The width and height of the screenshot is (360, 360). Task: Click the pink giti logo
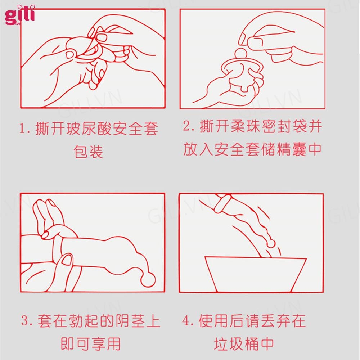coord(20,15)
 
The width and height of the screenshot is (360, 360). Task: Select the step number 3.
coord(26,320)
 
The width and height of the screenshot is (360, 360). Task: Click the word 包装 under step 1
coord(88,152)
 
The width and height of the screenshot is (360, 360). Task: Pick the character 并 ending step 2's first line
coord(315,126)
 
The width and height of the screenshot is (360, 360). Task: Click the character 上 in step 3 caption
coord(153,320)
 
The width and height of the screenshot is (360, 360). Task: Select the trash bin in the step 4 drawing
coord(255,274)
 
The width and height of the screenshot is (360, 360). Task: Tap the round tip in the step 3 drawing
coord(148,279)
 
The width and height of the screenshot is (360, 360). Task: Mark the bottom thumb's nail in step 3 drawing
coord(67,260)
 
